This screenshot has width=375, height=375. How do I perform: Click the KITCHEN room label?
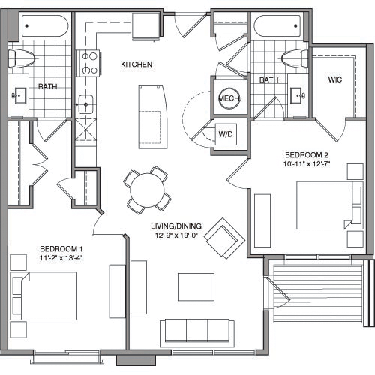point(136,64)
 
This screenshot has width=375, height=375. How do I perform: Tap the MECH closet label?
point(228,99)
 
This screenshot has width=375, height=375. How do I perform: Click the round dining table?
point(145,187)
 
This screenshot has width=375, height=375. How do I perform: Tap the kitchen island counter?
point(152,115)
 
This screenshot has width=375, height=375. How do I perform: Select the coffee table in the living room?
point(195,286)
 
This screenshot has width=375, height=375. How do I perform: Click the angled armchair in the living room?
point(223,237)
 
